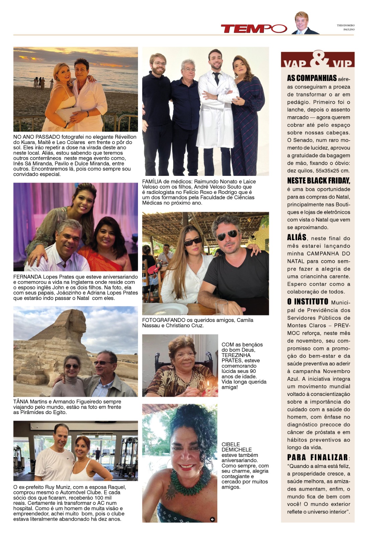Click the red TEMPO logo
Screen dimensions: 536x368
coord(254,29)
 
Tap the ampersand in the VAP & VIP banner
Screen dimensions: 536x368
coord(317,59)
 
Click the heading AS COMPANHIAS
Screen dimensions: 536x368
coord(312,78)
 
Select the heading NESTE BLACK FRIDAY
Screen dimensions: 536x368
coord(318,181)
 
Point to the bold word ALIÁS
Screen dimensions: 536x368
coord(297,238)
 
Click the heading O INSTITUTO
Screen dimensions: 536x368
coord(307,302)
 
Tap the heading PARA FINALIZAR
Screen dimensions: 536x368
coord(317,458)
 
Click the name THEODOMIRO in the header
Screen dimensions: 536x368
coord(346,25)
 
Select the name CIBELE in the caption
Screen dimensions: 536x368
coord(230,445)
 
